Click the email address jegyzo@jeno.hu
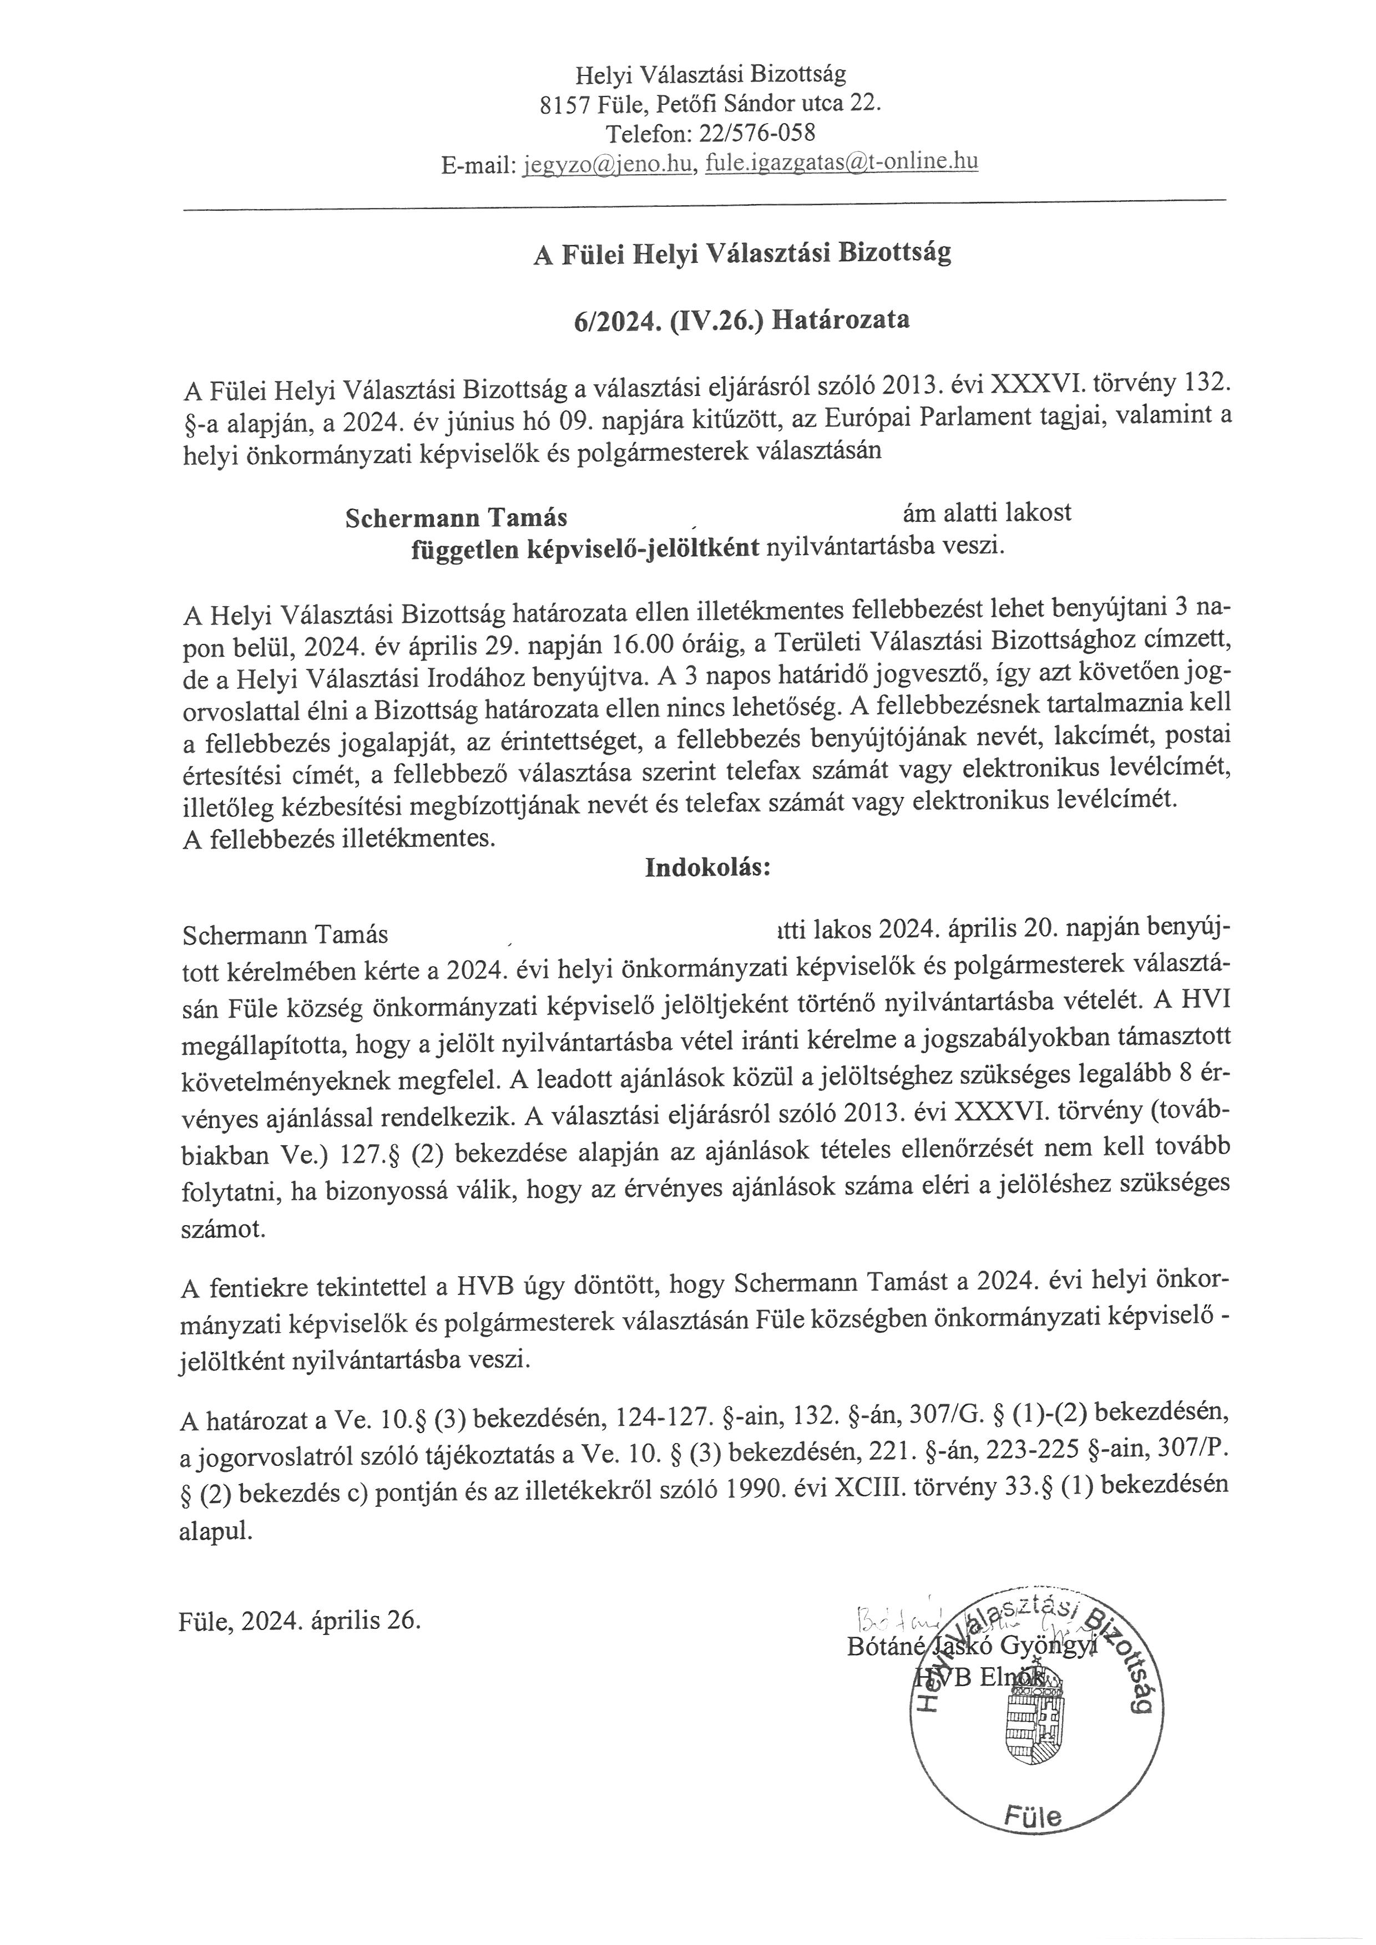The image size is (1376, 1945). pos(608,164)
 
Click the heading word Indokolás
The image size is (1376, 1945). pos(707,869)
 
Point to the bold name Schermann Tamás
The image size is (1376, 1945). pos(456,517)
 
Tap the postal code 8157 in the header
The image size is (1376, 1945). pos(565,104)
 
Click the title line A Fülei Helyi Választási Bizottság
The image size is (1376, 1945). pos(741,253)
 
